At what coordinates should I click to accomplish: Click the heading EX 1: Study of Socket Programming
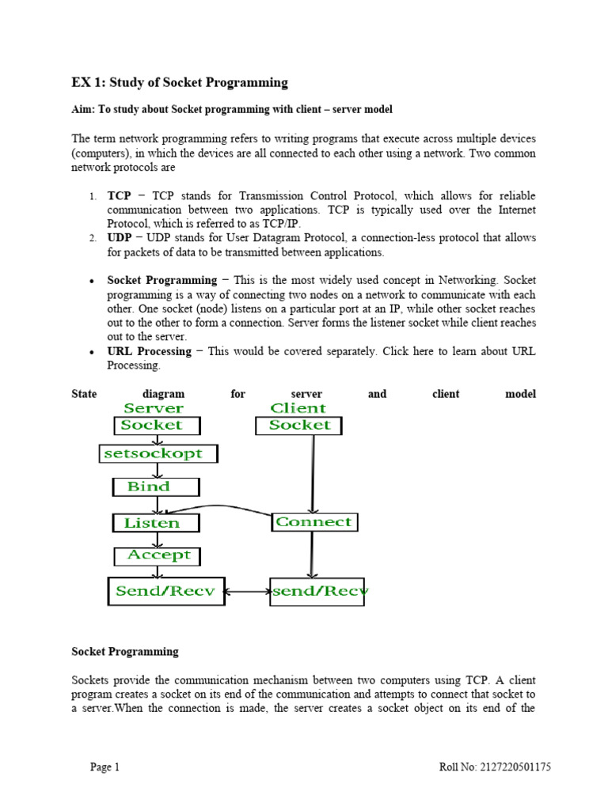tap(180, 82)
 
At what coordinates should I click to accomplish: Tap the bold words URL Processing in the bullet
tap(149, 351)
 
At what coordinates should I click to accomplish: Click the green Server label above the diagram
tap(153, 408)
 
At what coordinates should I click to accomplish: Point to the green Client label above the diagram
tap(298, 408)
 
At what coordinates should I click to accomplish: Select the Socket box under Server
tap(157, 426)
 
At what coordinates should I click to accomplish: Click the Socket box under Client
tap(298, 426)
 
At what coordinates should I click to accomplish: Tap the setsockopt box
tap(158, 454)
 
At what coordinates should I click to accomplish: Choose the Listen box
tap(156, 523)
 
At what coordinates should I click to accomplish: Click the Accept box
tap(157, 556)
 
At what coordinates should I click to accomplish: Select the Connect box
tap(313, 522)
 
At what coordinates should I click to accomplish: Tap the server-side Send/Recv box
tap(165, 591)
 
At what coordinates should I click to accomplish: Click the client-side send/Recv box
tap(317, 591)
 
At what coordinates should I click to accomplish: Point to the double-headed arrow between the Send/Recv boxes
tap(247, 591)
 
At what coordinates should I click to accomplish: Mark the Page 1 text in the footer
tap(105, 766)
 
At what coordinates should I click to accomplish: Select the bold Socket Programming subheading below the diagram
tap(125, 652)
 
